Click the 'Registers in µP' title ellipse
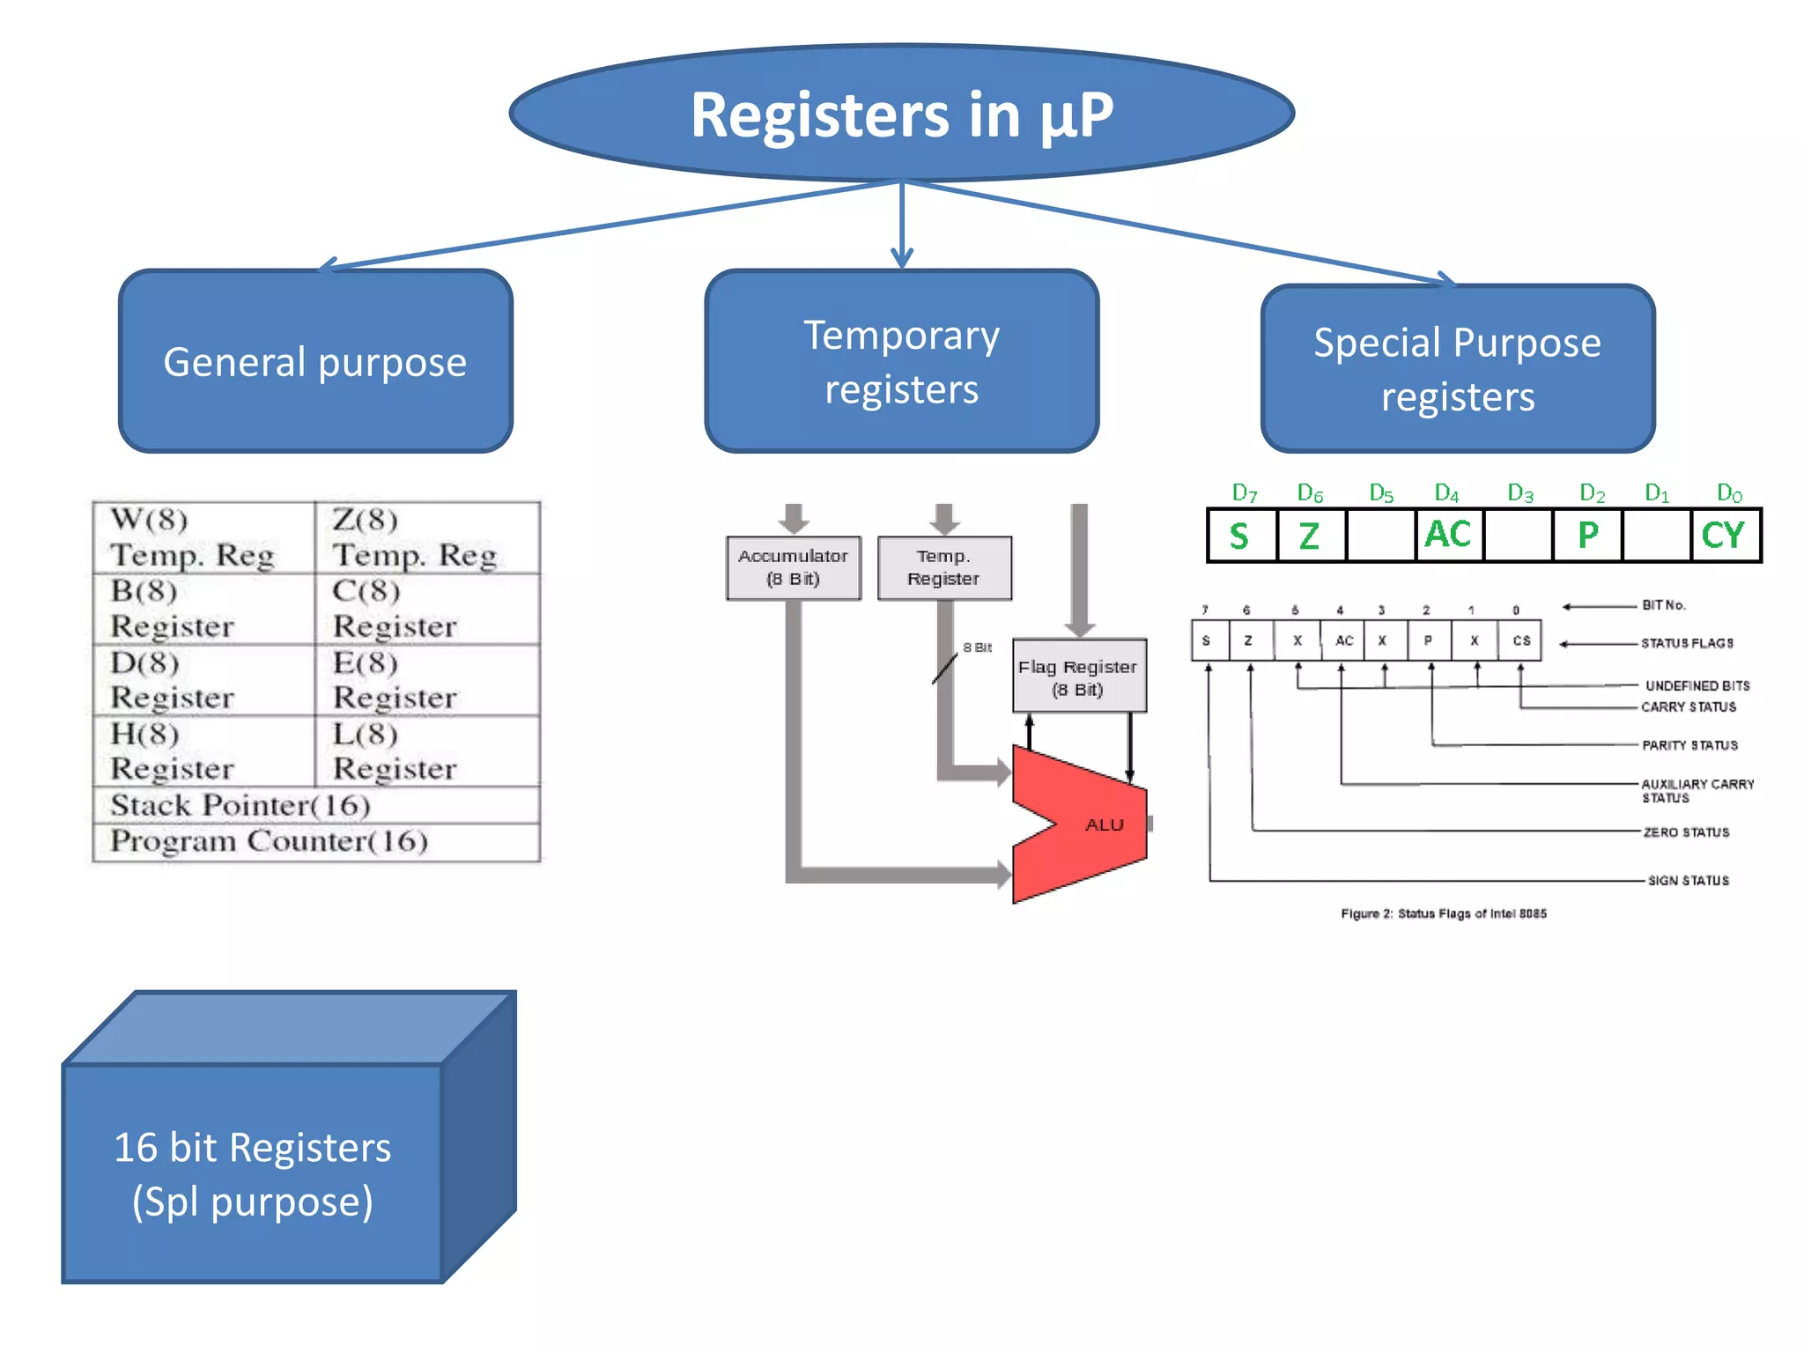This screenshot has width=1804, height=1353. point(901,115)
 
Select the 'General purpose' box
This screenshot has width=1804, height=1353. point(315,361)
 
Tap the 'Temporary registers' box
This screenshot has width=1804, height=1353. point(901,361)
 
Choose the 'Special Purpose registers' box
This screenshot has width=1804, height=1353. point(1458,368)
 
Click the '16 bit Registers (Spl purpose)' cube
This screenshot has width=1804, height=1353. point(253,1172)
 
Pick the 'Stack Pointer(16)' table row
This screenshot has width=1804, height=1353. point(315,805)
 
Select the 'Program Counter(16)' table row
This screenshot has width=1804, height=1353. point(315,841)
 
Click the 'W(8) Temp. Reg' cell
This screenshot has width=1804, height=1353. point(203,537)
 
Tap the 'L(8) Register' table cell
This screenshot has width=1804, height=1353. point(426,751)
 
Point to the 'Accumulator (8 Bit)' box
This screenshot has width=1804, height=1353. point(793,568)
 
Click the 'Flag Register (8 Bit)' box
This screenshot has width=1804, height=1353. point(1079,676)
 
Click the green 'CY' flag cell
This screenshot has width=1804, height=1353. point(1724,536)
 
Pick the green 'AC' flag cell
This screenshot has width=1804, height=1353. point(1448,535)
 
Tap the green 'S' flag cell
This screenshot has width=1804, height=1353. point(1240,536)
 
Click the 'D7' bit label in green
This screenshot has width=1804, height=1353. point(1244,493)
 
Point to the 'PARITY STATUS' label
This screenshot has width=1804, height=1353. point(1689,745)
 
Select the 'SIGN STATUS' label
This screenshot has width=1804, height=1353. point(1688,880)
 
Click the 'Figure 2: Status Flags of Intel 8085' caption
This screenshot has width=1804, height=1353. point(1443,913)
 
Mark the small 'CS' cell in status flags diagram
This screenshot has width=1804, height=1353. point(1521,640)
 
